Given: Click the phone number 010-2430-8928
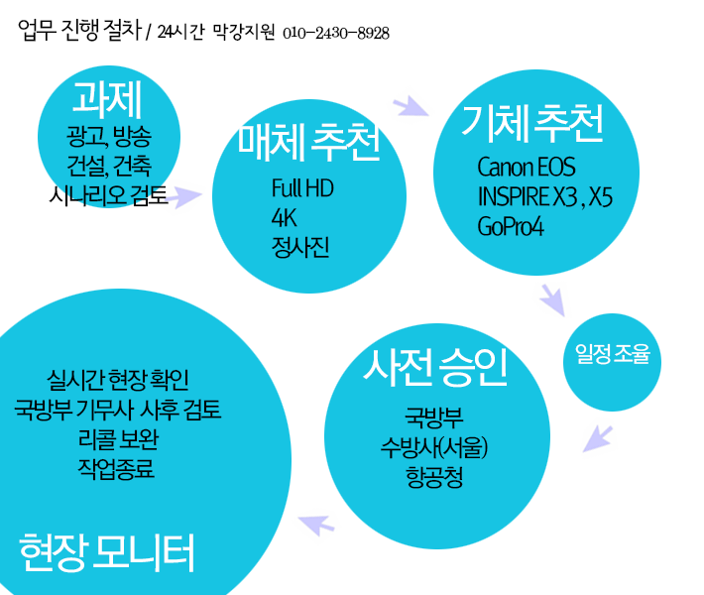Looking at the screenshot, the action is click(x=336, y=34).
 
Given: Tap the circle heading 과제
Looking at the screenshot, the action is click(x=107, y=99).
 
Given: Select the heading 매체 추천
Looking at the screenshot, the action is click(x=309, y=142).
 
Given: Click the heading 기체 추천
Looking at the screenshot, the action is click(x=532, y=123).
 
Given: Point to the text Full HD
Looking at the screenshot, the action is click(x=302, y=188).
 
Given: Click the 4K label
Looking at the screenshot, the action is click(x=284, y=218).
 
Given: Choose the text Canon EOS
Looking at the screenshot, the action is click(x=527, y=167).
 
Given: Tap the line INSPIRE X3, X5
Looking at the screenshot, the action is click(x=545, y=196).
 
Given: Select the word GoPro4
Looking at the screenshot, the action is click(x=511, y=226).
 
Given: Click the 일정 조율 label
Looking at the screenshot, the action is click(x=613, y=354).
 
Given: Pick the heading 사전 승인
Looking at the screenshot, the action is click(x=435, y=367).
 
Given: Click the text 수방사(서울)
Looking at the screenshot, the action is click(x=434, y=447).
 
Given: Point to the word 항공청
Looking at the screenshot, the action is click(x=434, y=477).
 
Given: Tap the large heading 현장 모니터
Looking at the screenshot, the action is click(x=106, y=552).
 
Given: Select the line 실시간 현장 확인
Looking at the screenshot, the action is click(x=118, y=380).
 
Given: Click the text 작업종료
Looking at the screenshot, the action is click(x=116, y=469).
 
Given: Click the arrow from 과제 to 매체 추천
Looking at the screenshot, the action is click(x=184, y=196).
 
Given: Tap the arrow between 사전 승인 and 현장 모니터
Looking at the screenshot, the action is click(x=316, y=525).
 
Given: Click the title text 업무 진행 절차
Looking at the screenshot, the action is click(x=80, y=31).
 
